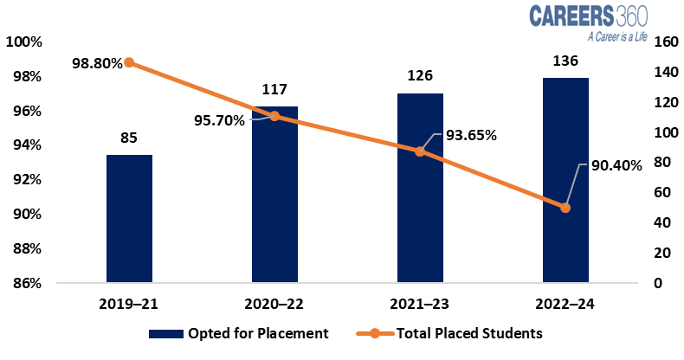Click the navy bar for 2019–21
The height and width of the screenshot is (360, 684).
tap(129, 219)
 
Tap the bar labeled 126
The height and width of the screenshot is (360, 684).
tap(420, 188)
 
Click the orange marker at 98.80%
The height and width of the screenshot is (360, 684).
tap(129, 62)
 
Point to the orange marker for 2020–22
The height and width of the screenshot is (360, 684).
tap(274, 116)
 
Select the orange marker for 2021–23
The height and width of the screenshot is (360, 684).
tap(420, 151)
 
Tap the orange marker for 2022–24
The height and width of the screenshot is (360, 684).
tap(565, 208)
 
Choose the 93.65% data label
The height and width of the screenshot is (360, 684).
tap(470, 135)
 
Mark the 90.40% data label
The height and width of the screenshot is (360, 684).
tap(616, 165)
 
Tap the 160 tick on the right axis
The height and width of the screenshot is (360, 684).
tap(665, 42)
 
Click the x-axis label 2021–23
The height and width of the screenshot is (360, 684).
tap(420, 304)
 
